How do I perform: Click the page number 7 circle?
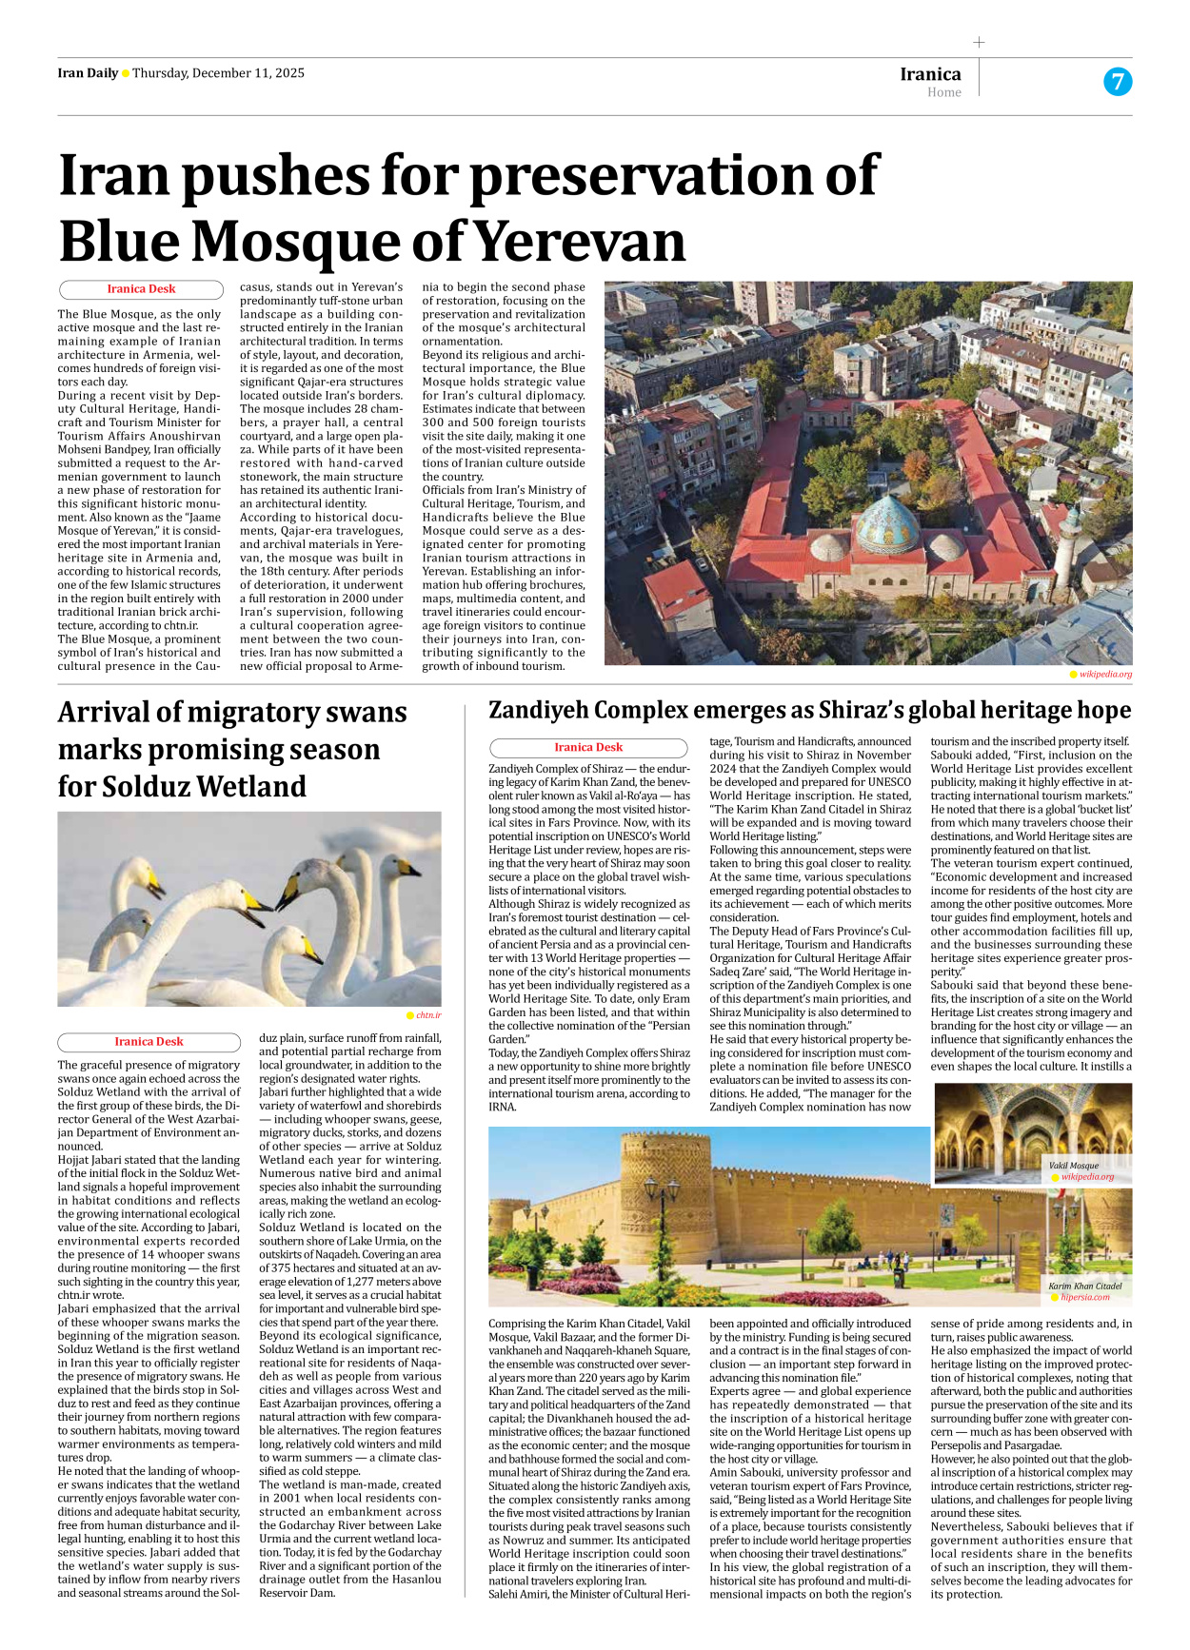pyautogui.click(x=1117, y=82)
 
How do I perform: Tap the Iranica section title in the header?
pyautogui.click(x=930, y=74)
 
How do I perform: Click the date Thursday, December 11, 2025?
pyautogui.click(x=218, y=73)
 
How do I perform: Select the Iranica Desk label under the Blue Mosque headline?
pyautogui.click(x=141, y=289)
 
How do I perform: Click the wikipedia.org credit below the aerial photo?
pyautogui.click(x=1105, y=675)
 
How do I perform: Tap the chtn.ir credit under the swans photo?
pyautogui.click(x=427, y=1015)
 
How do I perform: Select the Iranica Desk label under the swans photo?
pyautogui.click(x=149, y=1042)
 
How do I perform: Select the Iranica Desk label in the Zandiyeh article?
pyautogui.click(x=588, y=748)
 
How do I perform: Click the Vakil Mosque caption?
pyautogui.click(x=1073, y=1166)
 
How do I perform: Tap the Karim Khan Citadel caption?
pyautogui.click(x=1084, y=1287)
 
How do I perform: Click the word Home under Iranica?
pyautogui.click(x=943, y=93)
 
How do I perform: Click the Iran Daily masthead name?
pyautogui.click(x=88, y=73)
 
